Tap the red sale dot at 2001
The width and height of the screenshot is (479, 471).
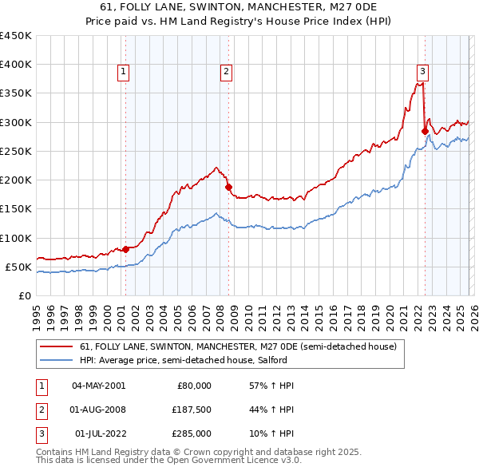pos(125,249)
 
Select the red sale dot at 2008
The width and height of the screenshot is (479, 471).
pos(228,187)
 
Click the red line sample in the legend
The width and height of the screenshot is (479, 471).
pos(57,346)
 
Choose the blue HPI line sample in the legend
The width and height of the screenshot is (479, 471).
pos(57,360)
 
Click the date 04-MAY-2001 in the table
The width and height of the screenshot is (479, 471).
pos(99,386)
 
